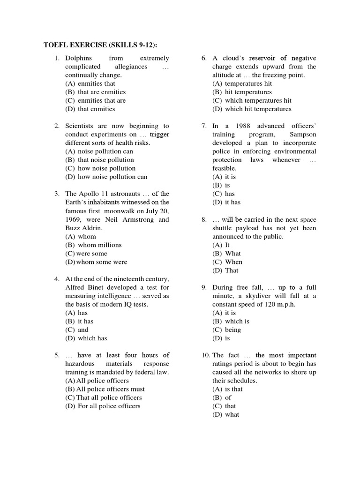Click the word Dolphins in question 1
click(79, 58)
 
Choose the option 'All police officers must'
click(105, 389)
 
